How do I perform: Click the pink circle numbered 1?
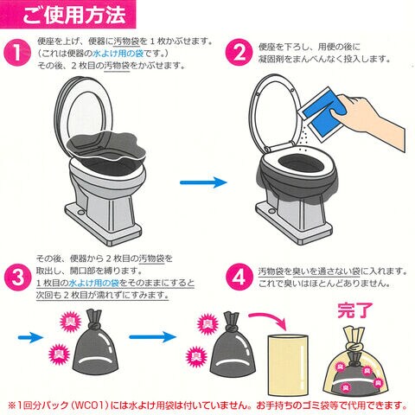[17, 53]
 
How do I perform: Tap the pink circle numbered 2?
[239, 53]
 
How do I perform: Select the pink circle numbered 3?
[18, 278]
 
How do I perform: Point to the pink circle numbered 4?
[239, 278]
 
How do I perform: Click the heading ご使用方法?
[74, 15]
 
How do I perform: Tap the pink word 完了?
[355, 310]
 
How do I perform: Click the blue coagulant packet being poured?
[322, 113]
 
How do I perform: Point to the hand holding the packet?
[372, 119]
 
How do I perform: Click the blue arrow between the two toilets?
[203, 182]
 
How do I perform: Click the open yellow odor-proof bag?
[288, 365]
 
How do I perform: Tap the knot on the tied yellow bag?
[355, 348]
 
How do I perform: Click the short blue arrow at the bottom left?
[30, 337]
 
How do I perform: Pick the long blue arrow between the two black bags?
[152, 337]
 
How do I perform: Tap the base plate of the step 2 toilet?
[294, 223]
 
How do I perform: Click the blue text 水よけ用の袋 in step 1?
[118, 54]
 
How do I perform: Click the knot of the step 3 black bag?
[93, 326]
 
